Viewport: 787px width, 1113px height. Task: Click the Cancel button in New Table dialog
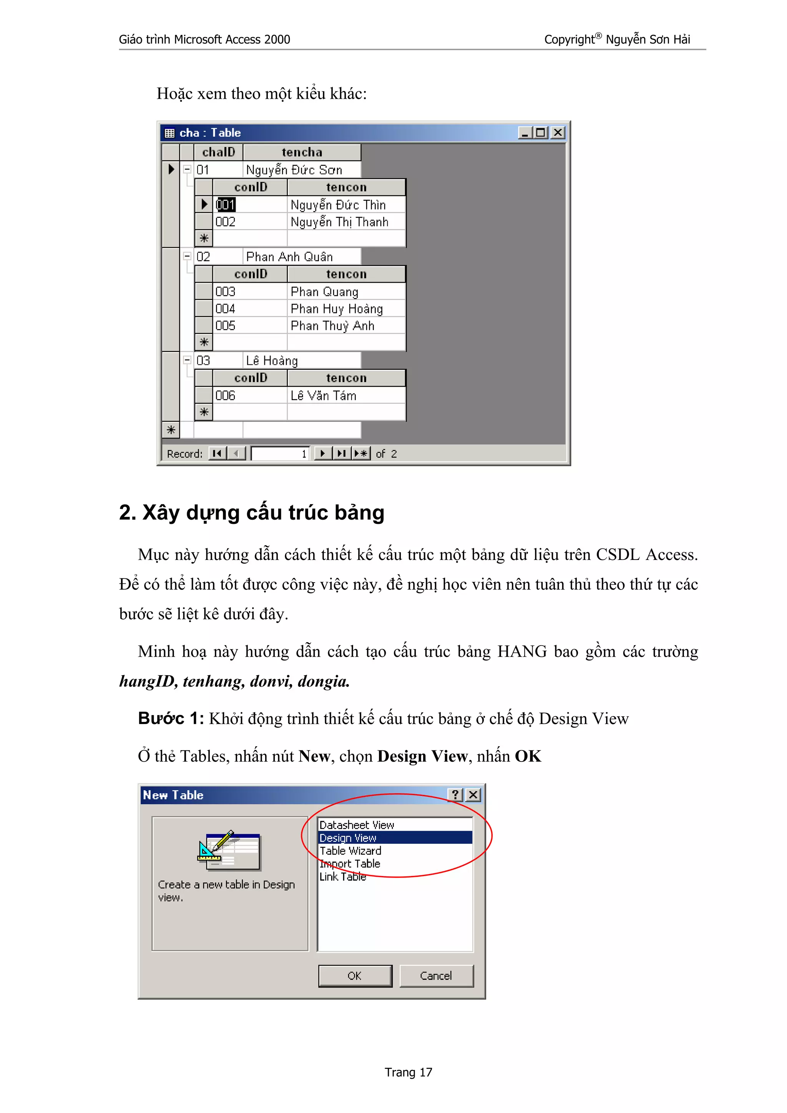[x=435, y=976]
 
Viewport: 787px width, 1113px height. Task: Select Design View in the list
[x=348, y=838]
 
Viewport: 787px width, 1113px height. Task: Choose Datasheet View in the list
[x=356, y=825]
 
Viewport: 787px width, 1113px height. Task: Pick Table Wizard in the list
[x=350, y=851]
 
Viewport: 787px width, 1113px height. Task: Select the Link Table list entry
[x=342, y=876]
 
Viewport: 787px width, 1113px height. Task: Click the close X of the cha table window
[x=558, y=132]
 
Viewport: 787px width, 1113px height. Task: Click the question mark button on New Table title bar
[x=455, y=795]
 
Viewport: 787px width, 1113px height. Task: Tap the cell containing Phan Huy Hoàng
[x=337, y=309]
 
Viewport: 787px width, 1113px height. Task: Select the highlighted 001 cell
[x=226, y=205]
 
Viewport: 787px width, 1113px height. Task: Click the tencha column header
[x=302, y=152]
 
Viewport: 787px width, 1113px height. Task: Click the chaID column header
[x=218, y=152]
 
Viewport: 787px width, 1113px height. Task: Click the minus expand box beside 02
[x=187, y=256]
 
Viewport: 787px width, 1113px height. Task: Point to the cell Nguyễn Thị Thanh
[x=339, y=222]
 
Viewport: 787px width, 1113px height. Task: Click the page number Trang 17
[x=408, y=1072]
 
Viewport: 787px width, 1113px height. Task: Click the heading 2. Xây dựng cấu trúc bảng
[x=251, y=512]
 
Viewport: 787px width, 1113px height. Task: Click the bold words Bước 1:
[x=171, y=718]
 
